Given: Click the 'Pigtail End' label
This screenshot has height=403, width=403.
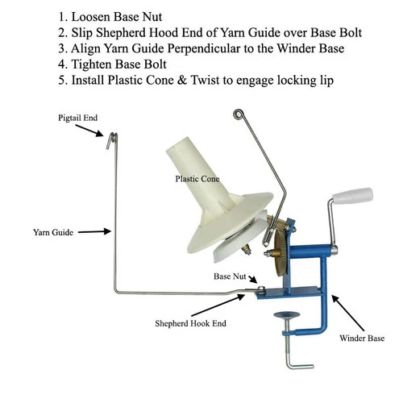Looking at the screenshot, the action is (77, 118).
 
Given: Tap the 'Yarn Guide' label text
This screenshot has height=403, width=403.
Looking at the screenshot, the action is (53, 232).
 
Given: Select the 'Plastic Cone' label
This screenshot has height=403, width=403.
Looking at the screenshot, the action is (197, 179).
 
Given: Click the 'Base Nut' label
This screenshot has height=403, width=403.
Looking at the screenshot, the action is (230, 276).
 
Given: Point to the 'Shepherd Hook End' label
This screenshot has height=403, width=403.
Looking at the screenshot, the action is (190, 323).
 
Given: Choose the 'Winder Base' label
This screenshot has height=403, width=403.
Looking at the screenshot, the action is (362, 338).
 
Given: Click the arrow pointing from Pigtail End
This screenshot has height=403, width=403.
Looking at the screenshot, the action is (89, 131).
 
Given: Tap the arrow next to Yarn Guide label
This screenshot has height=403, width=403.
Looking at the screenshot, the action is (94, 231).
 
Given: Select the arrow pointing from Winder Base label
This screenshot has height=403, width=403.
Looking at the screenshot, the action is (347, 313).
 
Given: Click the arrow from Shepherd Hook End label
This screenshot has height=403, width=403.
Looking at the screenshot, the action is (218, 305).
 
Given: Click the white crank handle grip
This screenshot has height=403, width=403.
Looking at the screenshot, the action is (352, 196).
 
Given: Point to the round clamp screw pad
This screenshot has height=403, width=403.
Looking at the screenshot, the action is (286, 314).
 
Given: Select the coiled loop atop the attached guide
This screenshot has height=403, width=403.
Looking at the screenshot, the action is (239, 114).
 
